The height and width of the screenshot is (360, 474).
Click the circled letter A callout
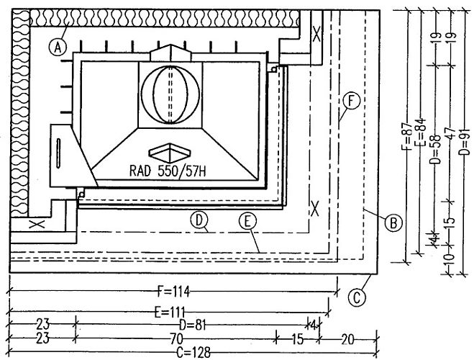(x=58, y=48)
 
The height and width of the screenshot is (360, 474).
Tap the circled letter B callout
(x=393, y=223)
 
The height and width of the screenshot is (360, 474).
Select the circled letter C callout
(x=357, y=297)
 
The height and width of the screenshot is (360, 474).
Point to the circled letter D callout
(x=199, y=220)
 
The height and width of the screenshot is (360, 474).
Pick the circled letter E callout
(x=247, y=221)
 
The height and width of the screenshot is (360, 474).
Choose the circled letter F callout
(x=351, y=102)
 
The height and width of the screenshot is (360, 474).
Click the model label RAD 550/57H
(x=168, y=171)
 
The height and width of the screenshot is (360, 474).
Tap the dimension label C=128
(x=193, y=352)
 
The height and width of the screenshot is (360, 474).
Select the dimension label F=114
(x=174, y=292)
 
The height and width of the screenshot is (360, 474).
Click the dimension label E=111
(x=170, y=312)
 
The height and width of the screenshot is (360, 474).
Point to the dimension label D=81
(x=193, y=325)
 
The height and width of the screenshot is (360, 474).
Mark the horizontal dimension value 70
(x=176, y=339)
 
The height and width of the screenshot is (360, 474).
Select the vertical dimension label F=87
(x=408, y=136)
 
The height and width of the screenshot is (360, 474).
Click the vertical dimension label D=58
(x=435, y=148)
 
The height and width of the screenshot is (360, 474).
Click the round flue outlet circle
(x=170, y=94)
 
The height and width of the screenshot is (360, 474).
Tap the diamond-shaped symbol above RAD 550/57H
(x=170, y=153)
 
